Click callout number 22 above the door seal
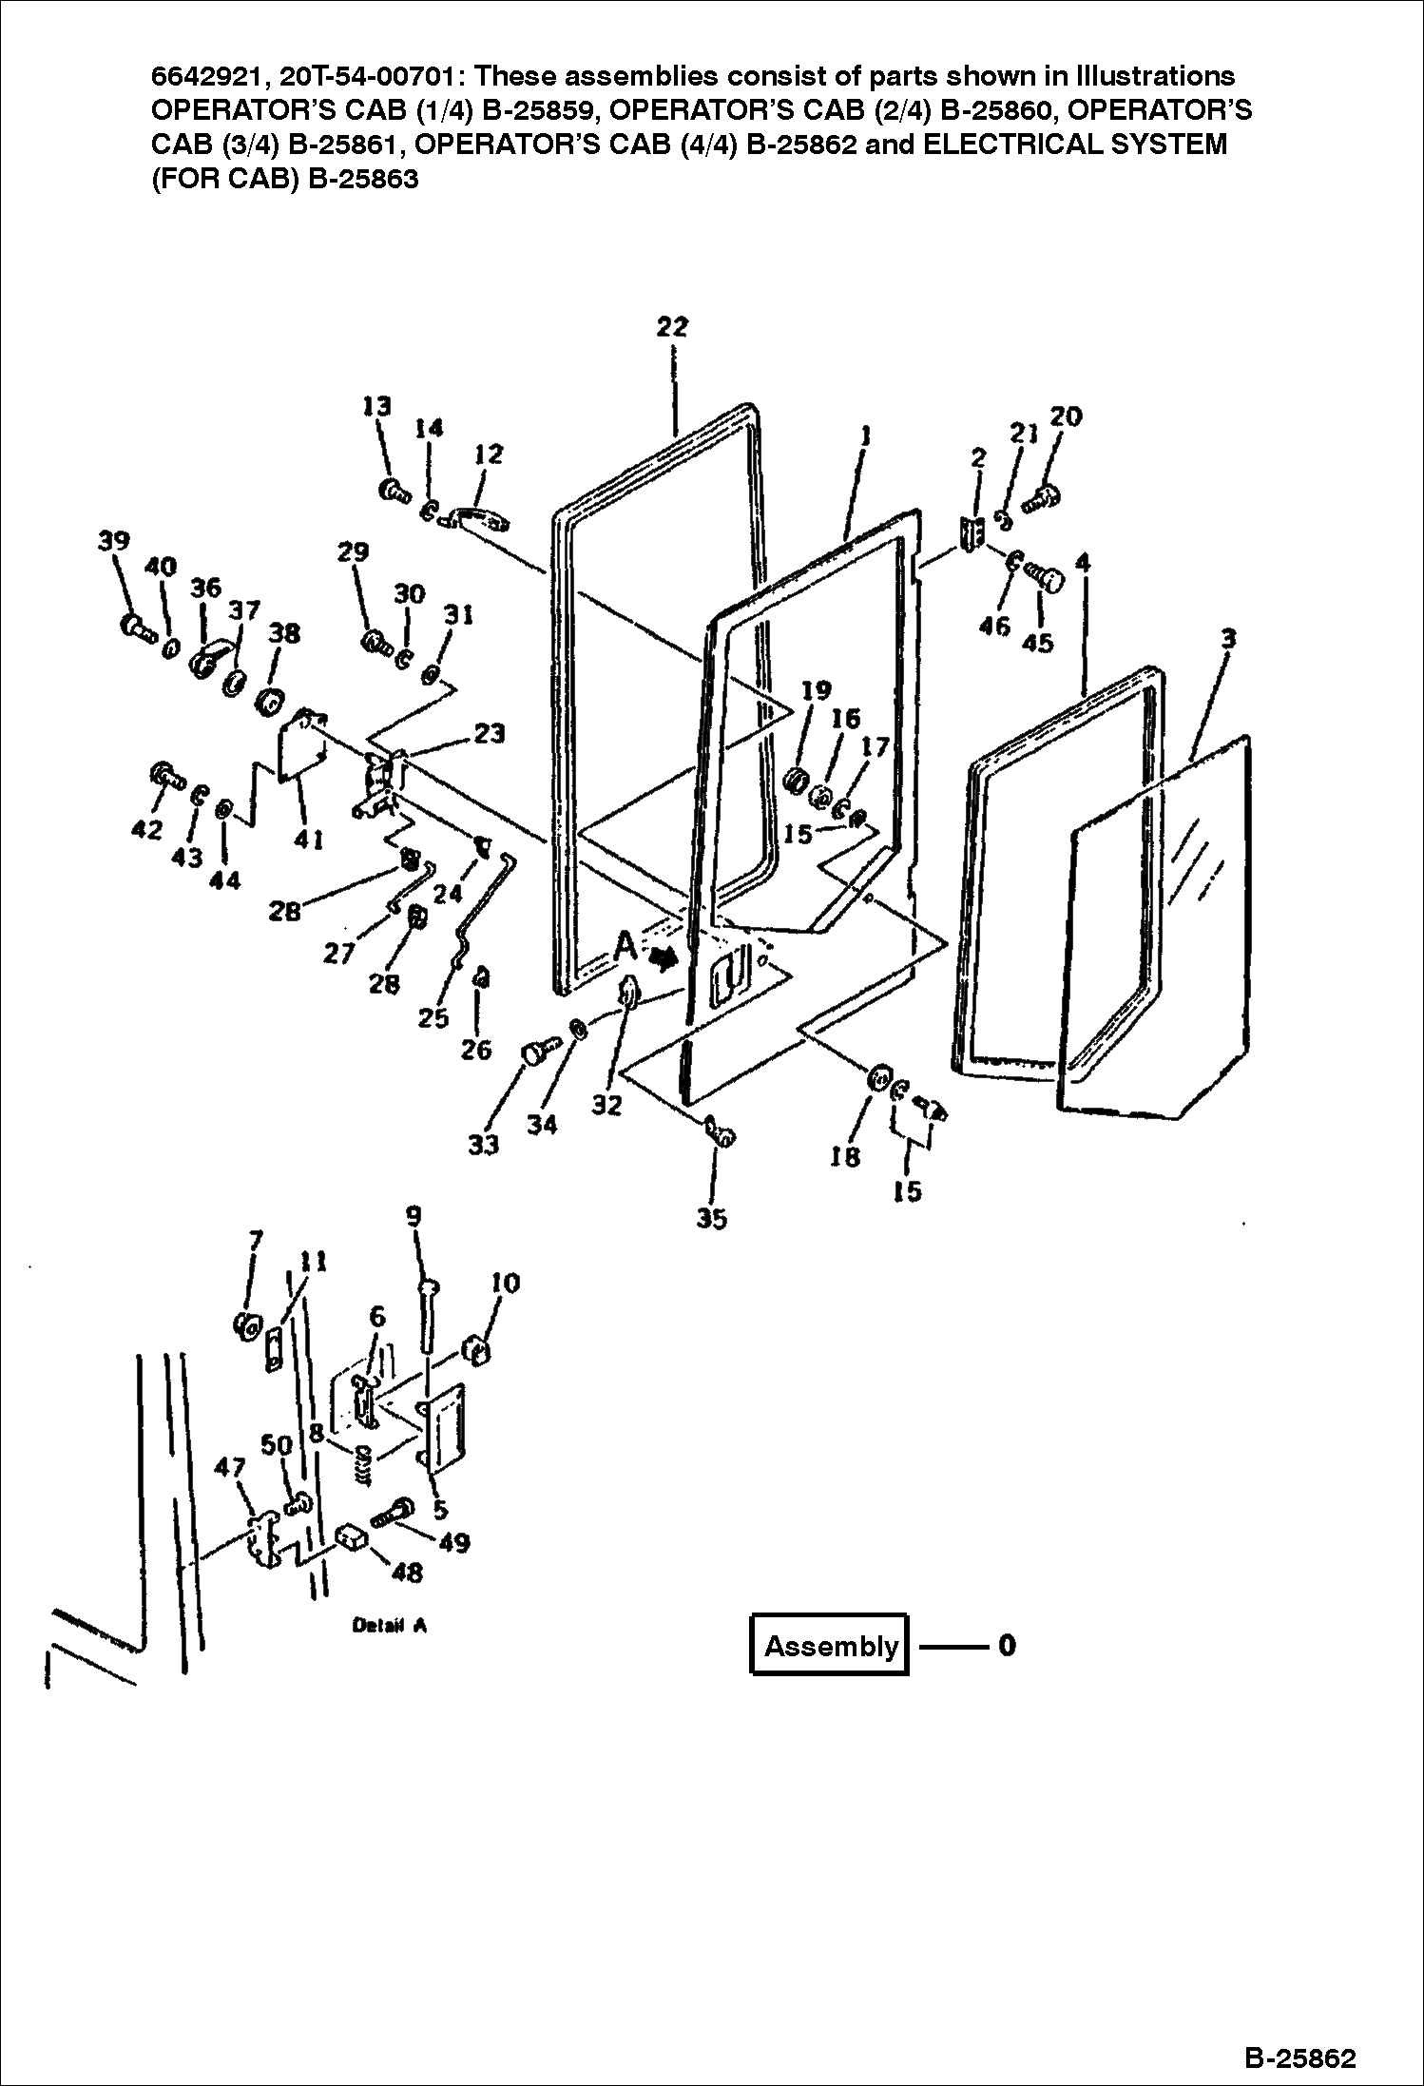pos(672,326)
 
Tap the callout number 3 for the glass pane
pos(1228,638)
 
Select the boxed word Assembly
pos(830,1646)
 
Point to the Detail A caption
pos(389,1625)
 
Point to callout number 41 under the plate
pos(309,840)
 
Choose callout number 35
pos(711,1219)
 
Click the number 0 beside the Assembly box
pos(1007,1645)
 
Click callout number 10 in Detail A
pos(506,1284)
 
